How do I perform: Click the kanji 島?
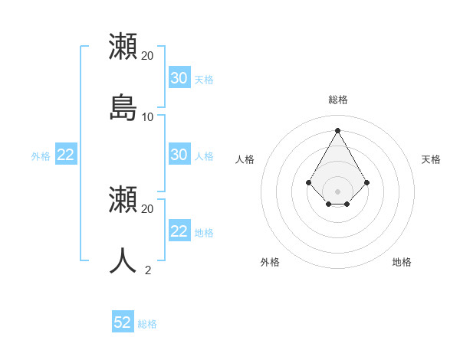point(123,108)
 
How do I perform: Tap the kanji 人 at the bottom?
point(123,260)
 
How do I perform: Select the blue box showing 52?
point(123,322)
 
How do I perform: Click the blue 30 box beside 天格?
point(179,78)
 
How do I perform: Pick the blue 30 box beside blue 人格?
point(179,155)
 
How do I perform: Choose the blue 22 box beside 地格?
point(179,231)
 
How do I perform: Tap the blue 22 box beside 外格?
point(66,155)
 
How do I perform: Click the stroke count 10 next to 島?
point(148,117)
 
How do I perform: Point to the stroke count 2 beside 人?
point(148,270)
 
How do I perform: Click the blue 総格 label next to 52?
point(147,324)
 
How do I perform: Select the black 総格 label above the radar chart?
point(338,100)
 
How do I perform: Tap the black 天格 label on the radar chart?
point(431,159)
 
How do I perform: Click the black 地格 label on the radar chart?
point(402,262)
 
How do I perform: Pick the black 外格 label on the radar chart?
point(270,262)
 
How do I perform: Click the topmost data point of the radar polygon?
point(338,130)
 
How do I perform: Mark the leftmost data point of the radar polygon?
point(309,182)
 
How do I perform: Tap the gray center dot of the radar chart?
point(338,191)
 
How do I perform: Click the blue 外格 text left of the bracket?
point(41,156)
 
